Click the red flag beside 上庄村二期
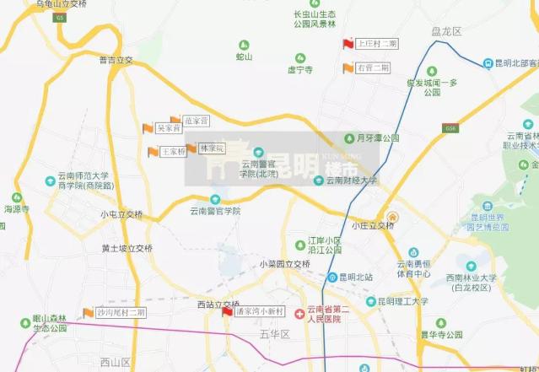(348, 44)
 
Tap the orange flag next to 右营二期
(348, 68)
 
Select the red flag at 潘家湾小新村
(226, 312)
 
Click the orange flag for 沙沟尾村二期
(88, 313)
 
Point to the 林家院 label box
(213, 148)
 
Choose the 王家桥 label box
(173, 152)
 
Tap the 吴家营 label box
(169, 128)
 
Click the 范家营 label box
(196, 121)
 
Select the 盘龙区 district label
(446, 31)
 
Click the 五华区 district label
(275, 335)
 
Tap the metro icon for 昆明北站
(332, 278)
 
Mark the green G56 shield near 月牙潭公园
(449, 128)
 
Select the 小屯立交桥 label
(121, 214)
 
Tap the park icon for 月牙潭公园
(349, 137)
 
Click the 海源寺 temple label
(16, 208)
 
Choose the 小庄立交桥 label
(373, 225)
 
